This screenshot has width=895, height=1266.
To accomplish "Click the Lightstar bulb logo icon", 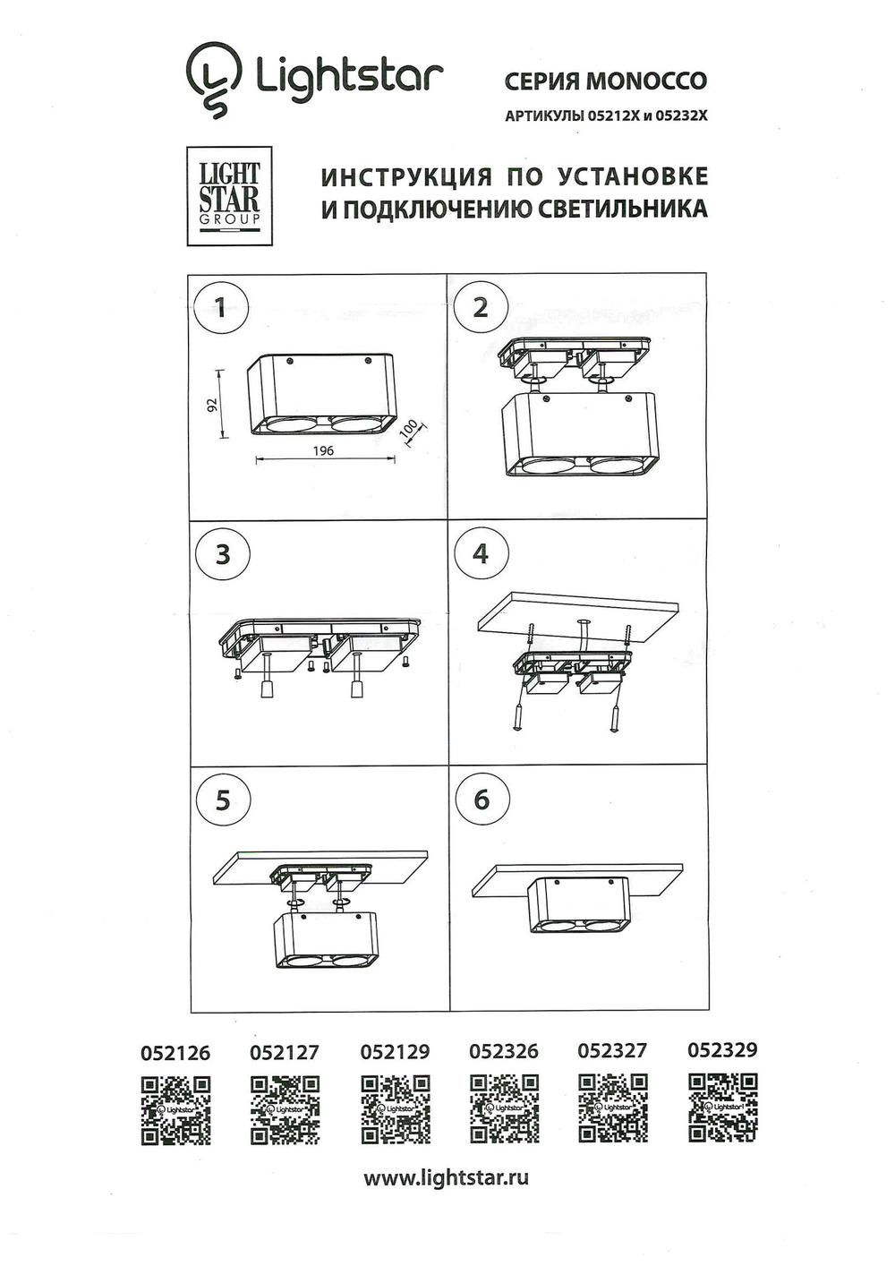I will (214, 79).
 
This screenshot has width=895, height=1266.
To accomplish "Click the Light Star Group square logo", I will (229, 195).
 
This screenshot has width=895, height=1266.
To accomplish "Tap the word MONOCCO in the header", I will (645, 81).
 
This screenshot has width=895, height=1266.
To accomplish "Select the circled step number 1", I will (221, 310).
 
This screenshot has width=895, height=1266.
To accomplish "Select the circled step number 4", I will (481, 554).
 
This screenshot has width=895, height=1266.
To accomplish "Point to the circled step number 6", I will (482, 800).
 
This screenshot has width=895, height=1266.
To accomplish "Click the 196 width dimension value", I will (324, 450).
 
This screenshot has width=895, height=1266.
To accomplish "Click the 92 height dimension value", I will (212, 404).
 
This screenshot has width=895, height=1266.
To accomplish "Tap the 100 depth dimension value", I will (410, 431).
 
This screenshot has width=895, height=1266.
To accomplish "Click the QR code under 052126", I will (176, 1110).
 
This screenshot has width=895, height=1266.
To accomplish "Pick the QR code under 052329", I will (722, 1108).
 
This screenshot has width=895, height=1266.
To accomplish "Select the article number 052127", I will (285, 1053).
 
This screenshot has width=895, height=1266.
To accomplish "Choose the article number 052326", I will (504, 1051).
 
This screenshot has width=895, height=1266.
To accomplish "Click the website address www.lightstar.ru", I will (446, 1178).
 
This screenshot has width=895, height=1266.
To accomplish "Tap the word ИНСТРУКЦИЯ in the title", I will (405, 176).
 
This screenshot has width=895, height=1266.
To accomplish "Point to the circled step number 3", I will (222, 554).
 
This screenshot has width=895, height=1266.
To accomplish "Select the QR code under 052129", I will (395, 1110).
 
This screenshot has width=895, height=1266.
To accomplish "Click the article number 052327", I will (612, 1050).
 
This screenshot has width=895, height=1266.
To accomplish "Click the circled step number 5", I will (222, 800).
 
